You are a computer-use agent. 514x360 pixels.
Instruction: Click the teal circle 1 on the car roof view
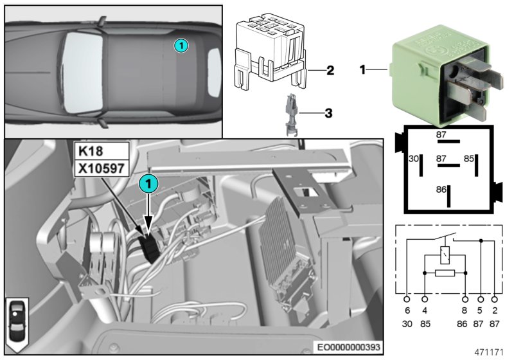[181, 45]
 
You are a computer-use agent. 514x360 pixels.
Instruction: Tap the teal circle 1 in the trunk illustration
[148, 184]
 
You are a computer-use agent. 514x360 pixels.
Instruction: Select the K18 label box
[92, 151]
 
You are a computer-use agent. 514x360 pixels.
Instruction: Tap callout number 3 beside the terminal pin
[328, 114]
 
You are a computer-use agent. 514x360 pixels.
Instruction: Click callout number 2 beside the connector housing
[330, 69]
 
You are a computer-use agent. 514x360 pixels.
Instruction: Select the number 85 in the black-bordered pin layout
[470, 158]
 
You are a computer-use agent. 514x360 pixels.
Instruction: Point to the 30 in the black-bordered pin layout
[414, 158]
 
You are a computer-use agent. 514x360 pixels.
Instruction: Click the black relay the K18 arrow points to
[150, 246]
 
